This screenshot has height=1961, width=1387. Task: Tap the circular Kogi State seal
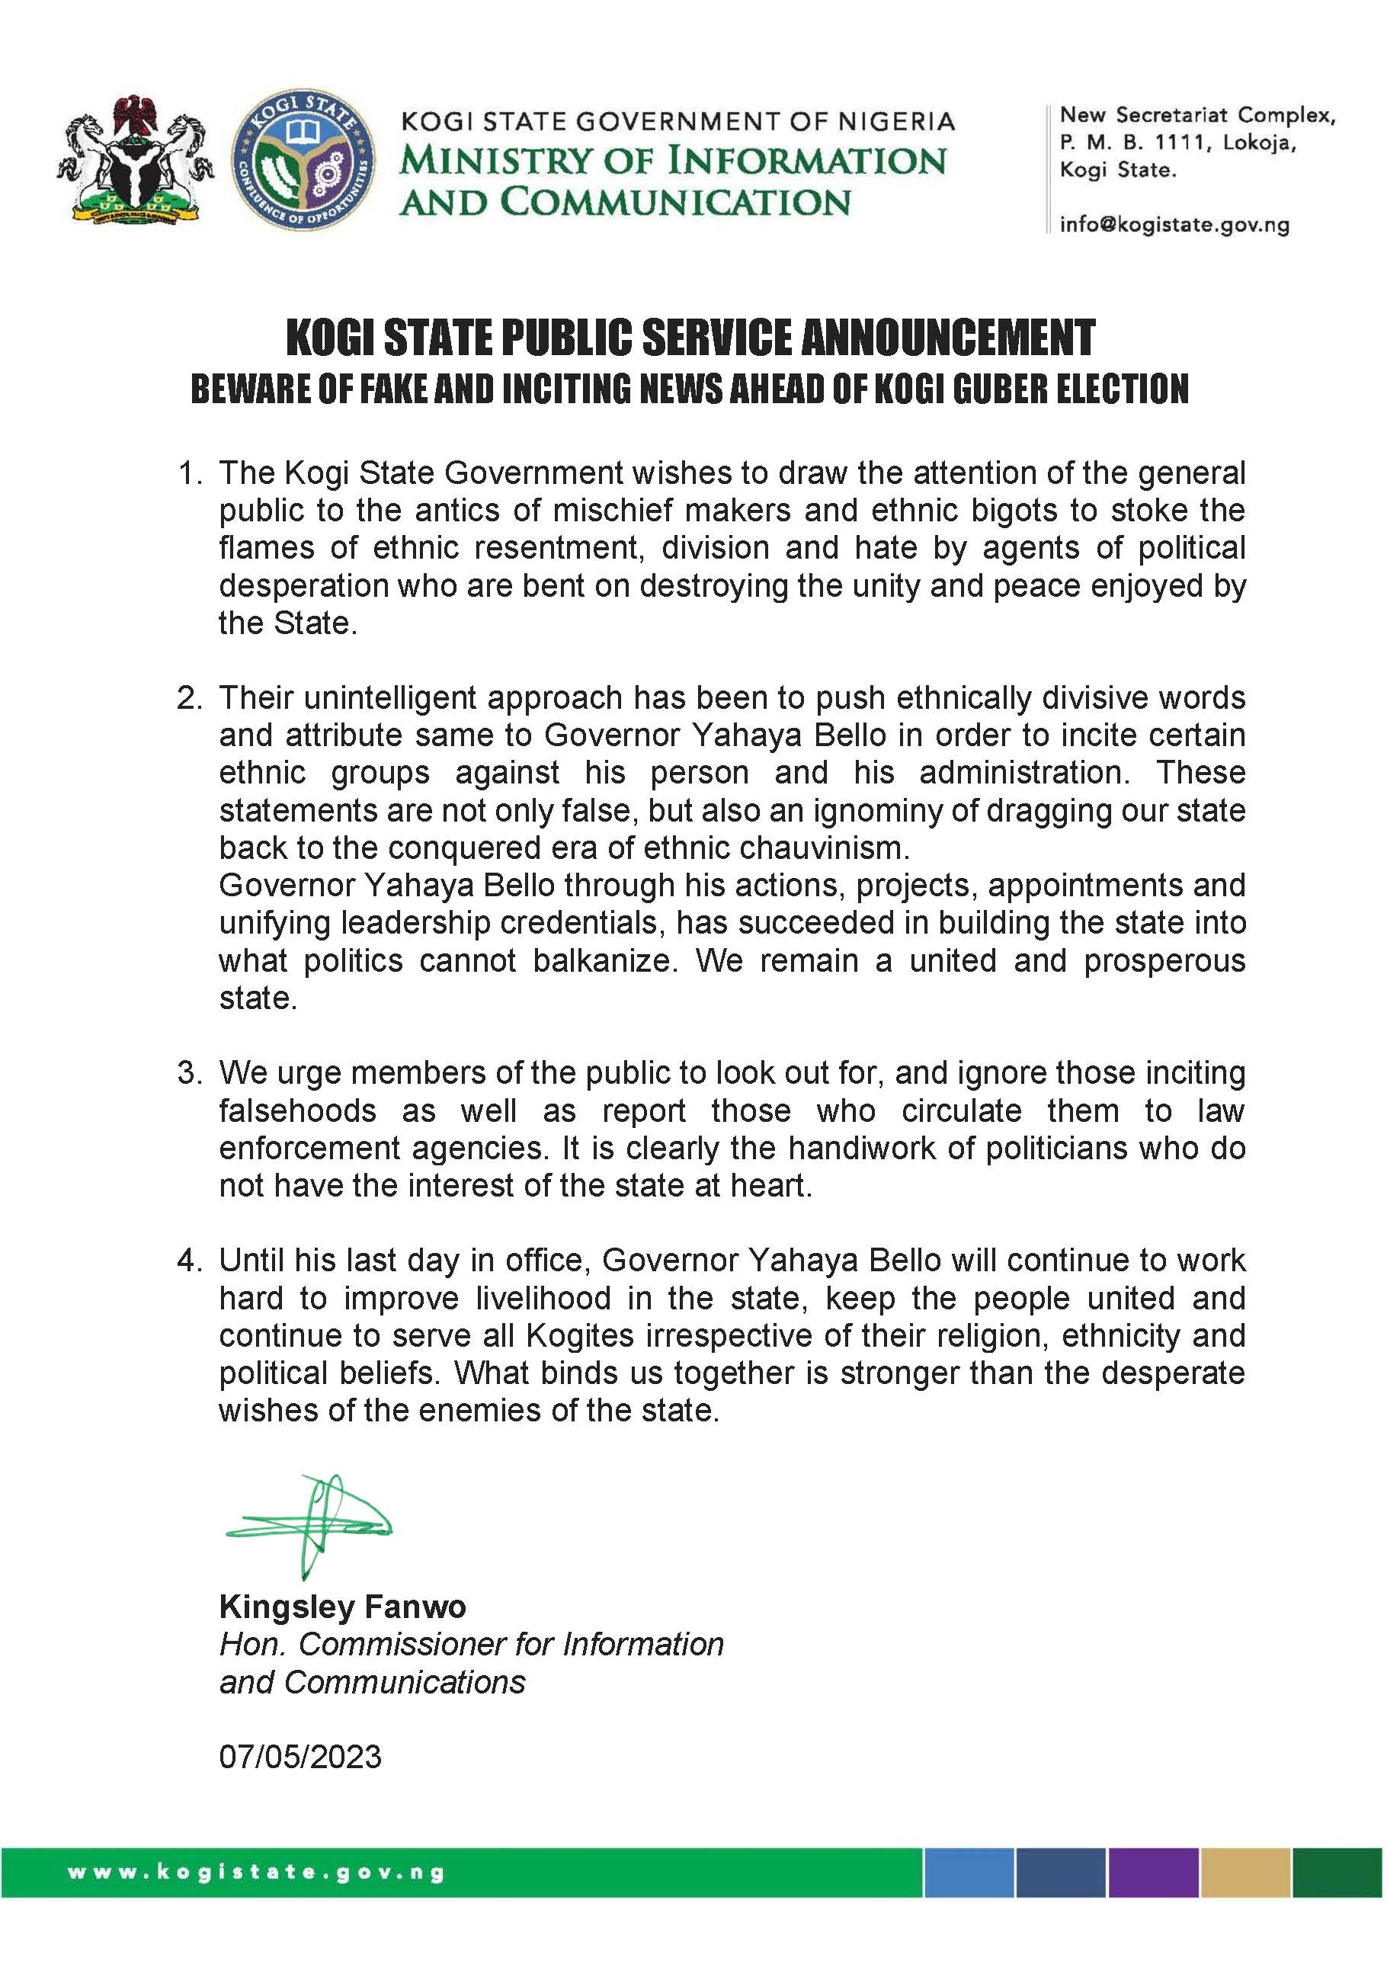pos(303,162)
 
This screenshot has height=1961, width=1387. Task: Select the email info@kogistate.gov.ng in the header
pos(1174,226)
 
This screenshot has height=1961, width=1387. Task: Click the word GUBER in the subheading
pos(1001,389)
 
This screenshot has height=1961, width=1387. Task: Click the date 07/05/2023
pos(300,1757)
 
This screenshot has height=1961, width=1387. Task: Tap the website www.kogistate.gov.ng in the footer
pos(256,1873)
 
